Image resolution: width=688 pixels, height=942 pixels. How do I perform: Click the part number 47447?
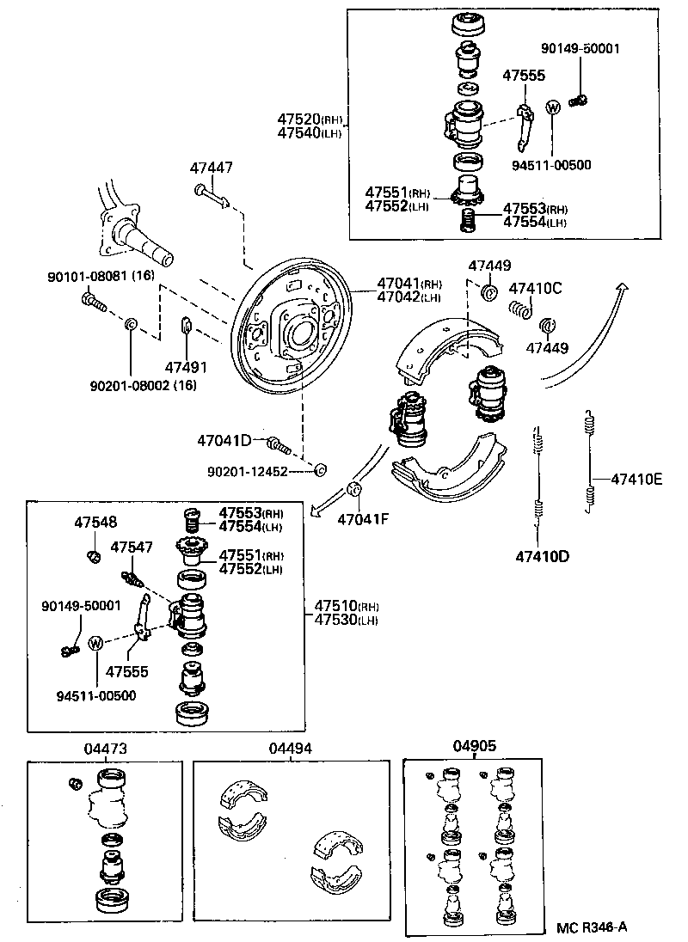coord(212,168)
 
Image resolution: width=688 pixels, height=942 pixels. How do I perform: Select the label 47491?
coord(187,367)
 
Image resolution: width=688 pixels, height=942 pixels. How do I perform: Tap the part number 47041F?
coord(363,519)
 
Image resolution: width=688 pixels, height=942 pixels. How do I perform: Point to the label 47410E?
coord(636,479)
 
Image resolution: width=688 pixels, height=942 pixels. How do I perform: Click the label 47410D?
coord(543,555)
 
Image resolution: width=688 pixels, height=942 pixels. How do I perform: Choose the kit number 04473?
coord(106,749)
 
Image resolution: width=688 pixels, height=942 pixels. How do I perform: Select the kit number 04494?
coord(291,749)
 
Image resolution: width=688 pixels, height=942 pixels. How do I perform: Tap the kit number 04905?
coord(474,746)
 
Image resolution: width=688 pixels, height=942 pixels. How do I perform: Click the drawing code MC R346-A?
coord(592,927)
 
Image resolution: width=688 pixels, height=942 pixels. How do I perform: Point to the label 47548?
coord(95,522)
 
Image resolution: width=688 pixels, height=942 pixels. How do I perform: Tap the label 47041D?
coord(224,441)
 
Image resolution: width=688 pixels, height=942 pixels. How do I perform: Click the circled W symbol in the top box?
coord(553,107)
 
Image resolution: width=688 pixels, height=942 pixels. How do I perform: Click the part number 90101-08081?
coord(87,277)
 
